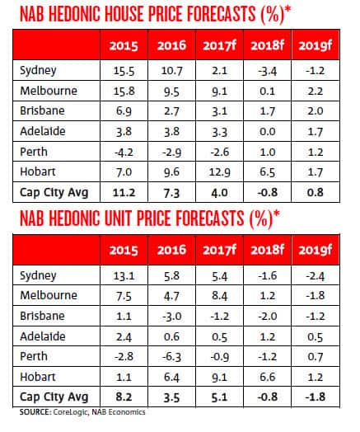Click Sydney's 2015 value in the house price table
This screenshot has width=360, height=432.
pos(120,73)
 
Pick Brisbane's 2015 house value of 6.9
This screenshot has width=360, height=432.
pos(120,111)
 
